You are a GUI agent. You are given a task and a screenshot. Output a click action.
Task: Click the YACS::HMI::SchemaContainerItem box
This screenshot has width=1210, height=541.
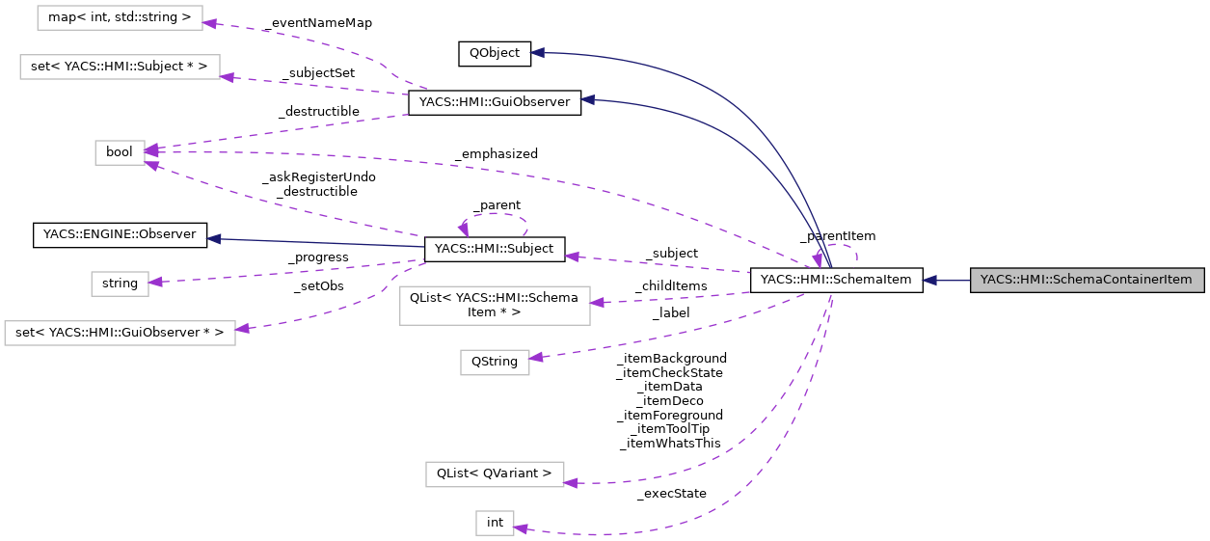coord(1087,281)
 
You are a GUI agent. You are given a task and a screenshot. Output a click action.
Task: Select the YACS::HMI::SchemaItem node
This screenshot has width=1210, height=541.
coord(836,281)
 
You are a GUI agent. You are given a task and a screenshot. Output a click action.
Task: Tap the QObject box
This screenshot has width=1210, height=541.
coord(494,53)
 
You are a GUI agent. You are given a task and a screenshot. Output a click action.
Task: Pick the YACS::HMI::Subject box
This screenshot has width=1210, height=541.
coord(494,249)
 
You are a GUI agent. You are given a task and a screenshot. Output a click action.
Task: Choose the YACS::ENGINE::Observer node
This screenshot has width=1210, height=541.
coord(120,234)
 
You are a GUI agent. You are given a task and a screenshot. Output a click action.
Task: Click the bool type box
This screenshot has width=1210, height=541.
coord(120,152)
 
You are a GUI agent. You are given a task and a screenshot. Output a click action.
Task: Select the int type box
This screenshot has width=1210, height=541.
coord(495,523)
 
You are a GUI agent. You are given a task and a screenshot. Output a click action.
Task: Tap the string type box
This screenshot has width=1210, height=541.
coord(120,284)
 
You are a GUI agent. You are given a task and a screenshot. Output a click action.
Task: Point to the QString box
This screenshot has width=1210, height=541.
coord(494,363)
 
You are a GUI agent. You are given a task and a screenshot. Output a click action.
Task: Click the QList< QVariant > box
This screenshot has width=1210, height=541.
coord(494,473)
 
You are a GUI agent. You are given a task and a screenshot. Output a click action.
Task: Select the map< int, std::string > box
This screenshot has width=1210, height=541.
coord(120,17)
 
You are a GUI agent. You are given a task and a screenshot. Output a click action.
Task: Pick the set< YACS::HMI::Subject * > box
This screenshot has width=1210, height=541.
coord(120,68)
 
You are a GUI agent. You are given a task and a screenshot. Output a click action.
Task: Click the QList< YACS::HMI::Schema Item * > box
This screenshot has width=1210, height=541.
coord(494,305)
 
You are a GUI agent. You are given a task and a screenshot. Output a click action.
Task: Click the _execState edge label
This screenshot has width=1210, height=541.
coord(671,494)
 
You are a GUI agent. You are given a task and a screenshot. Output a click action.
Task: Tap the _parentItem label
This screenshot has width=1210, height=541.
coord(837,235)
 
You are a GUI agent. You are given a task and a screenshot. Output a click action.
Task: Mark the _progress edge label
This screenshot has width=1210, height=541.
coord(318,257)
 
